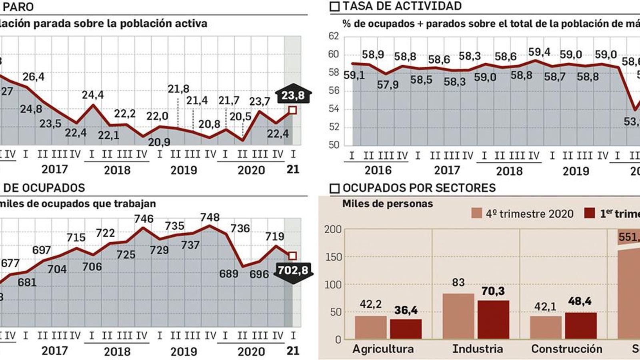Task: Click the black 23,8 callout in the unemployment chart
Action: coord(293,95)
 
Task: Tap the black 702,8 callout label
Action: coord(293,271)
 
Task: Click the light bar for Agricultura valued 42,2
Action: coord(371,327)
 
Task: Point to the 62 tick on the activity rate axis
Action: coord(334,36)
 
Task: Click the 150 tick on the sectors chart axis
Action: coord(334,257)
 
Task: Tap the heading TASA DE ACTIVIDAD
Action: coord(402,6)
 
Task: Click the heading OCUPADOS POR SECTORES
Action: coord(419,188)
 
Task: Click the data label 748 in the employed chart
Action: coord(210,217)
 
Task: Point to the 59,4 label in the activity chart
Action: coord(539,52)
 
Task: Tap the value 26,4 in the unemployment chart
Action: coord(34,76)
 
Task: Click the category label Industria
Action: coord(477,349)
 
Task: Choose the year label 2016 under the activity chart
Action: coord(378,171)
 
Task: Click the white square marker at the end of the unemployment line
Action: coord(292,110)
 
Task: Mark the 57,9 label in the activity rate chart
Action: coord(388,85)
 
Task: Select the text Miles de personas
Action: coord(387,204)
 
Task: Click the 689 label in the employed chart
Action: coord(229,274)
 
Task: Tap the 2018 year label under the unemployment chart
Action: coord(117,170)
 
